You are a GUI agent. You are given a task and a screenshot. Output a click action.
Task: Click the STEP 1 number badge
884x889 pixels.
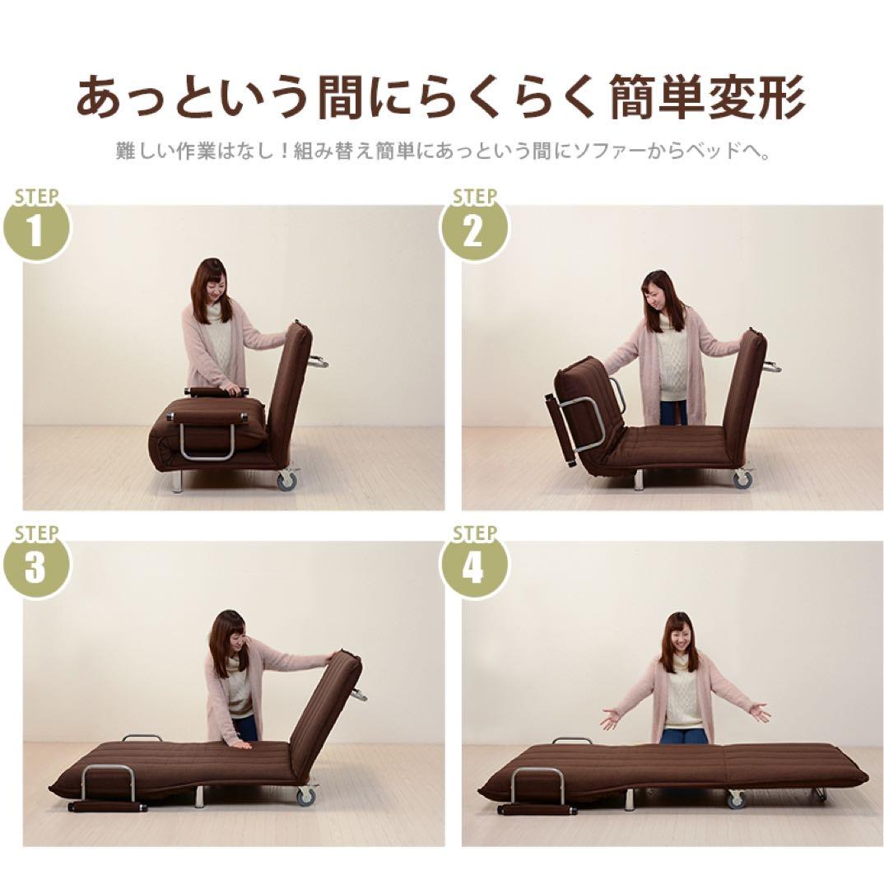(x=35, y=230)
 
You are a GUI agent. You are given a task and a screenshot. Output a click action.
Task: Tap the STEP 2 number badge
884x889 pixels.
(x=472, y=230)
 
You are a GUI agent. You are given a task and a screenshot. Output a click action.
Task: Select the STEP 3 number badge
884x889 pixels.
(x=35, y=567)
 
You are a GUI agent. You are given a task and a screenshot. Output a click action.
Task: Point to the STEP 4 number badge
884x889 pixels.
(x=472, y=567)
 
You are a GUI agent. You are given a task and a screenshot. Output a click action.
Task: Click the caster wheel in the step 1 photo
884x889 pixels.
(x=287, y=481)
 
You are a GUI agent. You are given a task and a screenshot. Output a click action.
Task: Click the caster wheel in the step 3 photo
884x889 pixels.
(x=305, y=795)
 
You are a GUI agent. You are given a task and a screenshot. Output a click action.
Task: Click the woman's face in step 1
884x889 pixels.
(x=211, y=284)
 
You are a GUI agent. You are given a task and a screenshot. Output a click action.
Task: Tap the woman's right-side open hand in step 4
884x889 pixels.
(x=758, y=713)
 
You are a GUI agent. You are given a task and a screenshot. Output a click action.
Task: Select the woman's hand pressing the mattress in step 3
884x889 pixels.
(x=240, y=745)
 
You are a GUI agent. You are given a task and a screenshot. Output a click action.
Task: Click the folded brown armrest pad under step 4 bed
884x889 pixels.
(x=537, y=810)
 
